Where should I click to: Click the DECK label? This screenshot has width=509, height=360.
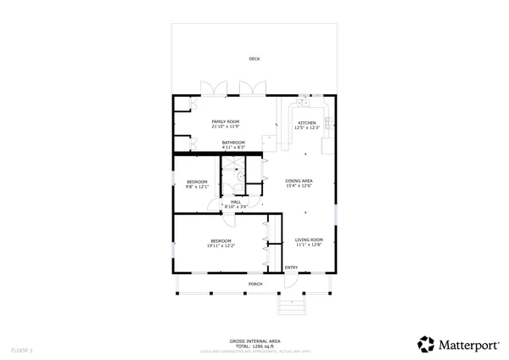click(255, 59)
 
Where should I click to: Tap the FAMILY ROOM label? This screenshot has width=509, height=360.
click(226, 122)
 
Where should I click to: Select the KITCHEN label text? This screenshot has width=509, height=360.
click(306, 123)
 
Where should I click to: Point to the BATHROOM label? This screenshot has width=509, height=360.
click(233, 142)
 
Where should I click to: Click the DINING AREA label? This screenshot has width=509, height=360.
click(299, 181)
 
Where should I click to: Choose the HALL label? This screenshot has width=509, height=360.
click(235, 201)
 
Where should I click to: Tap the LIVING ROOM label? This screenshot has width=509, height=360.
click(309, 239)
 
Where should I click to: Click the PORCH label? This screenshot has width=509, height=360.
click(255, 284)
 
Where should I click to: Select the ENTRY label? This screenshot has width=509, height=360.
click(291, 268)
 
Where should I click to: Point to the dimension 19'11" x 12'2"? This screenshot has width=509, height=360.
click(222, 245)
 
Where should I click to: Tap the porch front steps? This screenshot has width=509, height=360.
click(291, 305)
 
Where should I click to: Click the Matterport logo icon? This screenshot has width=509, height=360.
click(426, 344)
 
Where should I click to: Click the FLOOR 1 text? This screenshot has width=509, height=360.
click(22, 350)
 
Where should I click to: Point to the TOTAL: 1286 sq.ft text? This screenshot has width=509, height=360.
click(255, 346)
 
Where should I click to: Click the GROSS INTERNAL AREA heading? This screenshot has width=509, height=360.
click(255, 341)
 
